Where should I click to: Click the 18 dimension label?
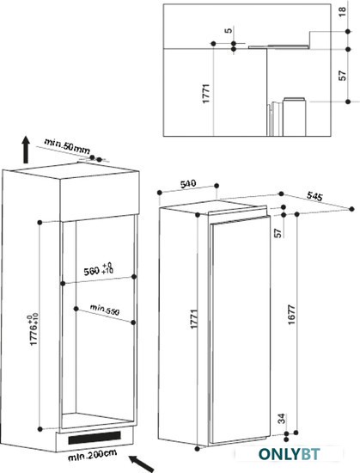coord(343,11)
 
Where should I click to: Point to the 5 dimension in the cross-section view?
coord(229,30)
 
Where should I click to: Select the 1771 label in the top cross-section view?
coord(205,94)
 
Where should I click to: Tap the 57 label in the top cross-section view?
coord(343,76)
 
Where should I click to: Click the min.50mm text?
coord(67,146)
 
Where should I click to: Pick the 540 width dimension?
coord(188,184)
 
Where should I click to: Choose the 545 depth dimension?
coord(314,196)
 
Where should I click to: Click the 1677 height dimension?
coord(291,315)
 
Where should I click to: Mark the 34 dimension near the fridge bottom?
coord(281,419)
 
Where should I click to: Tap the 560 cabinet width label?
coord(98,269)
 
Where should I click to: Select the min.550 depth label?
coord(105,310)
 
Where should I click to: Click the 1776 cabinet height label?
coord(34,329)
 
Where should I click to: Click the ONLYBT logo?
coord(289,454)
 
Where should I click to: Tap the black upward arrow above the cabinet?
coord(27,150)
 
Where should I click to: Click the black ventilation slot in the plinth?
coord(95,438)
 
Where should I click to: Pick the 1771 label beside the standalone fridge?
coord(194,319)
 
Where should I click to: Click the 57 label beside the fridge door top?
coord(278,233)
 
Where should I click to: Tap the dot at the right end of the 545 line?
coord(352,209)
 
